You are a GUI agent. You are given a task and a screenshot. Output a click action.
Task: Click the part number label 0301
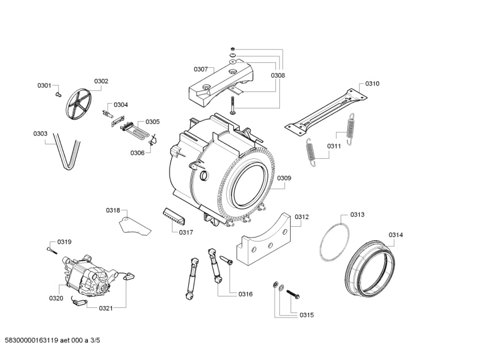44,86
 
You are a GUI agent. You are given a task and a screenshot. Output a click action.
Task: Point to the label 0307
201,69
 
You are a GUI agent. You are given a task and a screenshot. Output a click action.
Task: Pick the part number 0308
278,75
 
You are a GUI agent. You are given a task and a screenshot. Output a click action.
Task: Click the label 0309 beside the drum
284,178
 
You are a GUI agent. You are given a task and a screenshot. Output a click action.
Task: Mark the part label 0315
307,315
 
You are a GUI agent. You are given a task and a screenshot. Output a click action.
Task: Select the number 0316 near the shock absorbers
245,294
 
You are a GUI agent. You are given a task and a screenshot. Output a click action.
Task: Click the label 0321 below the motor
105,308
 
